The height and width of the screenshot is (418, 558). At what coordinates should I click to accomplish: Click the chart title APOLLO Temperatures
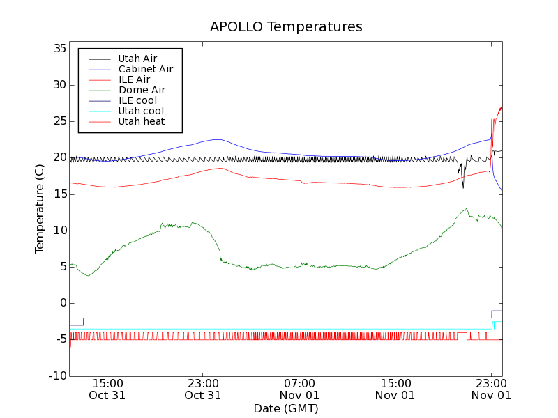(286, 27)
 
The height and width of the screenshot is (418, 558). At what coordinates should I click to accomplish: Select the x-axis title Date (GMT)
(286, 408)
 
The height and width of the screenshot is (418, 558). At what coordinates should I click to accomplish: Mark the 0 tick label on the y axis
(62, 303)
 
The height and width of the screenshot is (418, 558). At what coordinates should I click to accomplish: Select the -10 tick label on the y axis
(56, 376)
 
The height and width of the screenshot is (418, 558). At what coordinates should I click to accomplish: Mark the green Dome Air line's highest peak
(465, 208)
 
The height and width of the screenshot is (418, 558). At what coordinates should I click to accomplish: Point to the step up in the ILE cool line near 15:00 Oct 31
(84, 321)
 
